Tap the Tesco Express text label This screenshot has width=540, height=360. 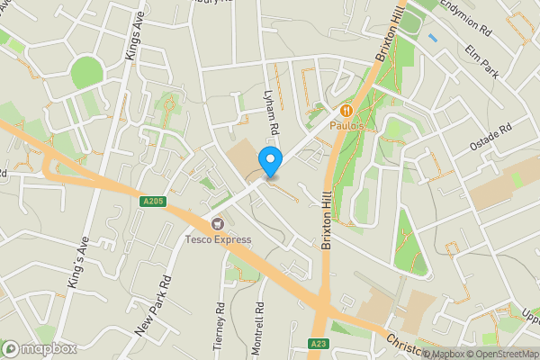coord(219,239)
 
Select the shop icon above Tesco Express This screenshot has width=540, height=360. coord(217,223)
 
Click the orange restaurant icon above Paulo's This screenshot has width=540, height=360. coord(346,110)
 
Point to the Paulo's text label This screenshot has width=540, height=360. coord(350,126)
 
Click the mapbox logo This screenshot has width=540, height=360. coord(40,348)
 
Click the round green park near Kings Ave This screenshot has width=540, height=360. coord(87,72)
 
